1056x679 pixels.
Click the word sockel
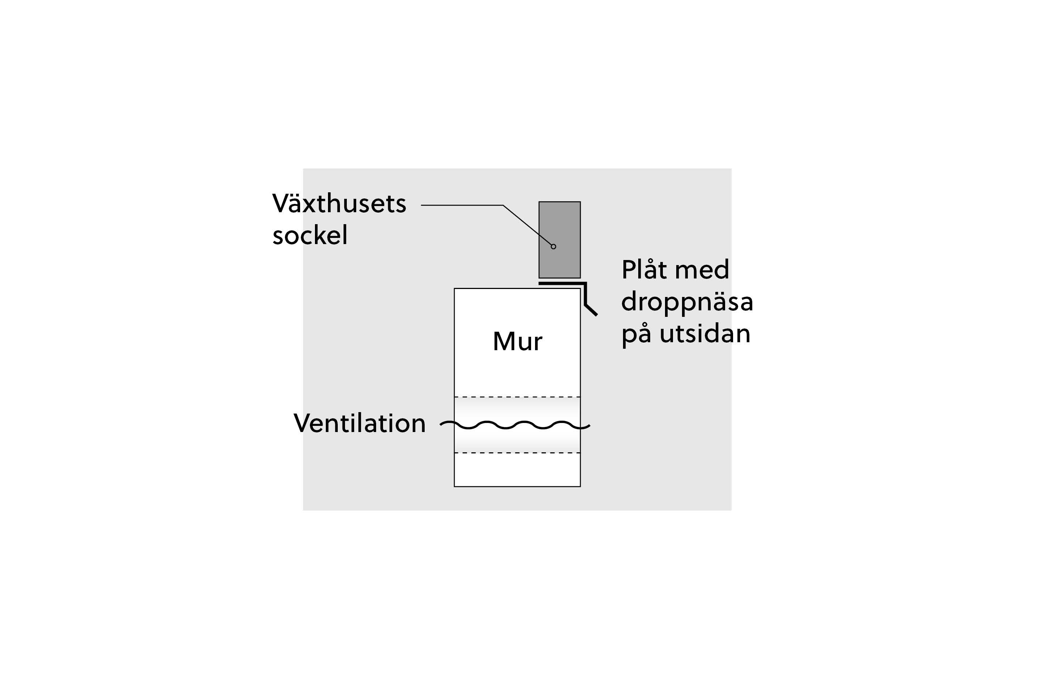(x=310, y=235)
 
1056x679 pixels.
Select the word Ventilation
(x=359, y=423)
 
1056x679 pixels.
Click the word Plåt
(x=644, y=269)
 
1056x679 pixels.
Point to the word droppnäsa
(x=687, y=302)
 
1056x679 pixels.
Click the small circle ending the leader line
(x=554, y=247)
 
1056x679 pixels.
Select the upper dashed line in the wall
(x=517, y=397)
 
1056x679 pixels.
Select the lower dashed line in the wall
(x=517, y=453)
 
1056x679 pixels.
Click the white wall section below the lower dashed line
(x=517, y=470)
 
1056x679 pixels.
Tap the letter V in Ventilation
(x=303, y=423)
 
